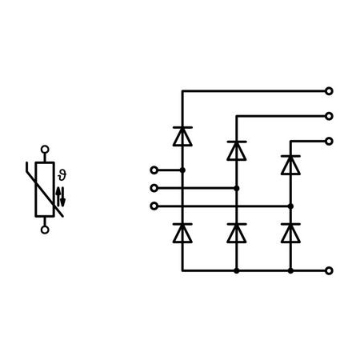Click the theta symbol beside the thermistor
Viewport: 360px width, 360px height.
click(x=62, y=175)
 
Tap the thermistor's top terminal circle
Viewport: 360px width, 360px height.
click(x=45, y=149)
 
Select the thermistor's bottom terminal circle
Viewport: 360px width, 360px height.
click(x=45, y=230)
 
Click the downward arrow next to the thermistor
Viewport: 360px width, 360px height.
click(x=62, y=197)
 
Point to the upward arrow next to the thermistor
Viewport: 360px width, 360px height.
click(x=58, y=197)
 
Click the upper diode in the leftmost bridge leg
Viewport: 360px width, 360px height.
click(x=182, y=137)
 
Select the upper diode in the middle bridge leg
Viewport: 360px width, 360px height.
click(x=237, y=150)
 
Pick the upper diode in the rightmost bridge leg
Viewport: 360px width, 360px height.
click(x=290, y=165)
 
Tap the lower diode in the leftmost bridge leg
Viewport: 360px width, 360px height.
click(x=182, y=234)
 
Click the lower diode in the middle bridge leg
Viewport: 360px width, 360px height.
click(x=237, y=234)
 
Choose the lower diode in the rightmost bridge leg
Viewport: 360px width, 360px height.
click(x=290, y=234)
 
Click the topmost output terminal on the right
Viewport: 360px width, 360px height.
click(x=329, y=91)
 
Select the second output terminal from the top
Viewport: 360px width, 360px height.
click(x=329, y=116)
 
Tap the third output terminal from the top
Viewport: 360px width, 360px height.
click(x=329, y=141)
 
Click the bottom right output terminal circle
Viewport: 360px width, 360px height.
click(x=329, y=270)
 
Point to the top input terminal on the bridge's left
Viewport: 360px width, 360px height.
click(x=154, y=170)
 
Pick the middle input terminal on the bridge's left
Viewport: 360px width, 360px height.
click(x=154, y=188)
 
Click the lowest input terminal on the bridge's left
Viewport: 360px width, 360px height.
click(x=154, y=206)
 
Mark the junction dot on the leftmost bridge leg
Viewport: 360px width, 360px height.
click(x=182, y=170)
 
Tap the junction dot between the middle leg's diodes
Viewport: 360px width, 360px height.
click(x=237, y=188)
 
